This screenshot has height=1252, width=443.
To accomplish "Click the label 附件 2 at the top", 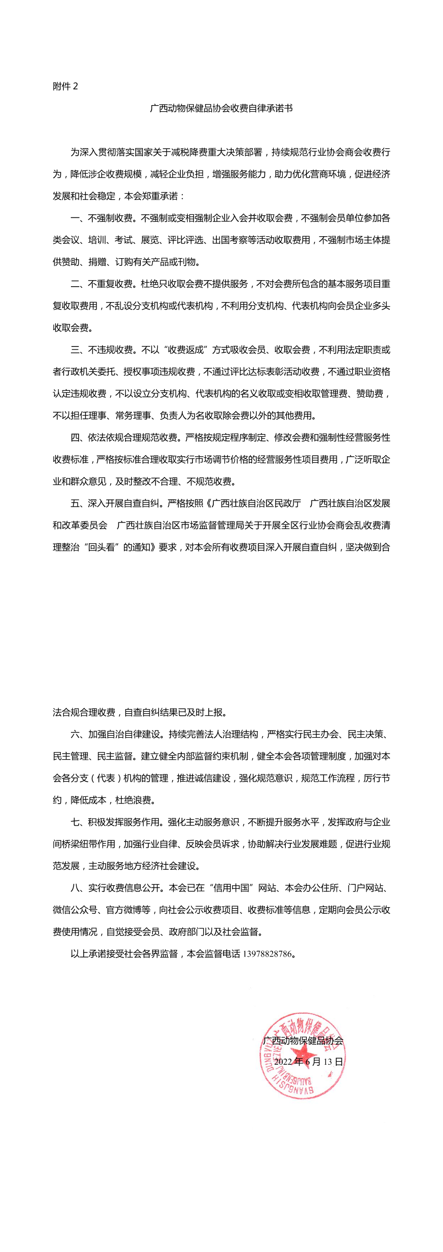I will tap(65, 86).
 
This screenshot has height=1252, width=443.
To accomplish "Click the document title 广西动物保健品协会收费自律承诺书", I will tap(221, 108).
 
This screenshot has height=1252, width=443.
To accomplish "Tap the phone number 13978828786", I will tap(267, 954).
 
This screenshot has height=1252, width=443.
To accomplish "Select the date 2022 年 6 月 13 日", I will tap(309, 1062).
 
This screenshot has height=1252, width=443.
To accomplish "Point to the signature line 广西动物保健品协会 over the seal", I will tap(303, 1040).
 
